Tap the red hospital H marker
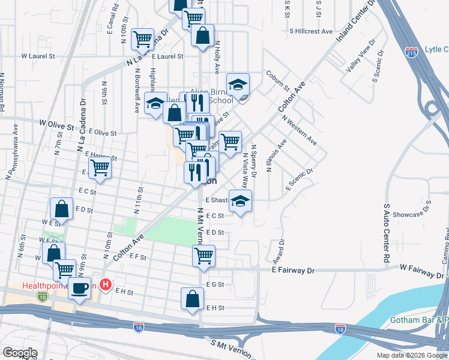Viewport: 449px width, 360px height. [x=106, y=284]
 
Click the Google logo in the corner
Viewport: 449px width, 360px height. [x=20, y=353]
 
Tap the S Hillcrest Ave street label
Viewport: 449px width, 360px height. [x=310, y=31]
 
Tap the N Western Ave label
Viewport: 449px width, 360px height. [x=306, y=133]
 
